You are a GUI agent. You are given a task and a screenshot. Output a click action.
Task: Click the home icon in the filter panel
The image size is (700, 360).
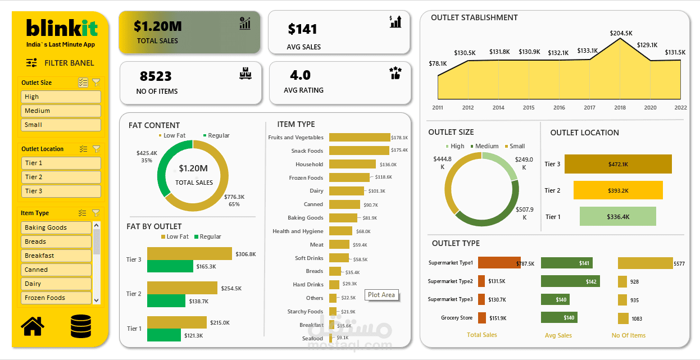[32, 326]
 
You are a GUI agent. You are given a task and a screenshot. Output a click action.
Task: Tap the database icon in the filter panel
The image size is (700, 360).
[81, 326]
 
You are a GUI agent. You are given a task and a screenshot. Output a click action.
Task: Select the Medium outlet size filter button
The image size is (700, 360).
[61, 111]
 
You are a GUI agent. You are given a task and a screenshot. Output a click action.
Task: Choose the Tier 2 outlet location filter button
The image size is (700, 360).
[61, 177]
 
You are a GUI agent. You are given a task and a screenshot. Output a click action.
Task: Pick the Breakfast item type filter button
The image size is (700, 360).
[57, 256]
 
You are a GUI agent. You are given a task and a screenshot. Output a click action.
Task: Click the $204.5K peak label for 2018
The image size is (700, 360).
[621, 33]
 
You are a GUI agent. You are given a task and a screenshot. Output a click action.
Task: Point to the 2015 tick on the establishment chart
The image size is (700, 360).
[529, 107]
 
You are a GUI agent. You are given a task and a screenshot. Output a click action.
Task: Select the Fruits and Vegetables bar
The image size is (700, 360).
[360, 137]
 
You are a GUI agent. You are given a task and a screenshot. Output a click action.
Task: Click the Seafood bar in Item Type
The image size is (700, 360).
[331, 338]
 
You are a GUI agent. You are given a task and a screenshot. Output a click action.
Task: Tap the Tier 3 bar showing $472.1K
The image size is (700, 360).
[618, 164]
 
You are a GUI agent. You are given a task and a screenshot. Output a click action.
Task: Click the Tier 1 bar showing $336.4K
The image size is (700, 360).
[618, 216]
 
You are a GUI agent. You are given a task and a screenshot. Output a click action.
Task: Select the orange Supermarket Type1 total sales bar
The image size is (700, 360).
[499, 263]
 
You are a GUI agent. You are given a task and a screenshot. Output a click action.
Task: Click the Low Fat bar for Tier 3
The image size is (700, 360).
[189, 254]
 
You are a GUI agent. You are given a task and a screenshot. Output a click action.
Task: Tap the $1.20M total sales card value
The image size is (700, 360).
[157, 26]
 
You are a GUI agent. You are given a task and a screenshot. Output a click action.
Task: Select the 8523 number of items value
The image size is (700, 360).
[156, 76]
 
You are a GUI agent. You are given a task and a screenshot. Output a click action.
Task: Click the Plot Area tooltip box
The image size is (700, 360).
[381, 295]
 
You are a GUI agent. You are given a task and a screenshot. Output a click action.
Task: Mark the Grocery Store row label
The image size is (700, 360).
[457, 318]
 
